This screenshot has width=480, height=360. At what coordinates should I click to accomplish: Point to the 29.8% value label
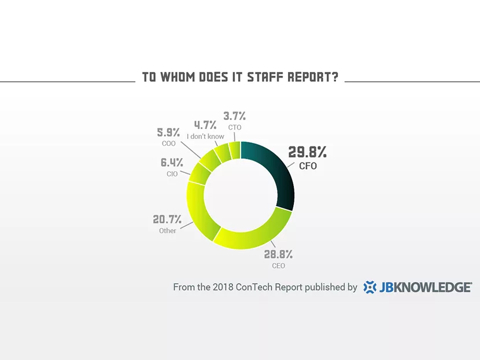pos(308,153)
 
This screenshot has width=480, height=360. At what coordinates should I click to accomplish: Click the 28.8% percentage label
pos(278,254)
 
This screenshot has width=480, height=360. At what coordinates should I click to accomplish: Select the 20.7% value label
pos(167,219)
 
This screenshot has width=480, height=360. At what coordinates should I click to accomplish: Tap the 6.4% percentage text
pos(171,163)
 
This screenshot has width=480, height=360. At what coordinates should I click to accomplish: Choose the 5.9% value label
pos(168,133)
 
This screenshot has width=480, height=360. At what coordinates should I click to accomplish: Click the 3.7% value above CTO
pos(234,116)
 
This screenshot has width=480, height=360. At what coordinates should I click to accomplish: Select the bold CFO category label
pos(308,166)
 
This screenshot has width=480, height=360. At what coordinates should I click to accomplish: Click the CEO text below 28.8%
pos(278,266)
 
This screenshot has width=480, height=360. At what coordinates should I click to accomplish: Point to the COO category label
pos(168,144)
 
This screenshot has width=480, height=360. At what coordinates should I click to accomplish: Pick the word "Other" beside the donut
pos(168,231)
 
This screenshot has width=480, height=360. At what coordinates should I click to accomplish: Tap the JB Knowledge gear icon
pos(370,287)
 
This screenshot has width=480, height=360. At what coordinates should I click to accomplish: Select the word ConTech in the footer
pos(254,287)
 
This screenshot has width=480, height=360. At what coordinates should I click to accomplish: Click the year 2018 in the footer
pos(223,287)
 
